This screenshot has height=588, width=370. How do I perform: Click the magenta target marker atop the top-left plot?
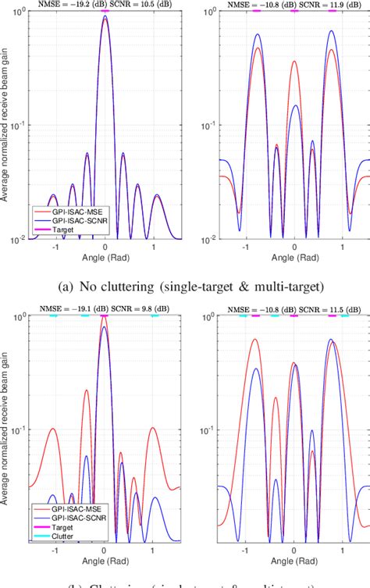click(x=105, y=11)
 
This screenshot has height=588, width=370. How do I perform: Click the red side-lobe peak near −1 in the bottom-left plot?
click(x=53, y=428)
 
